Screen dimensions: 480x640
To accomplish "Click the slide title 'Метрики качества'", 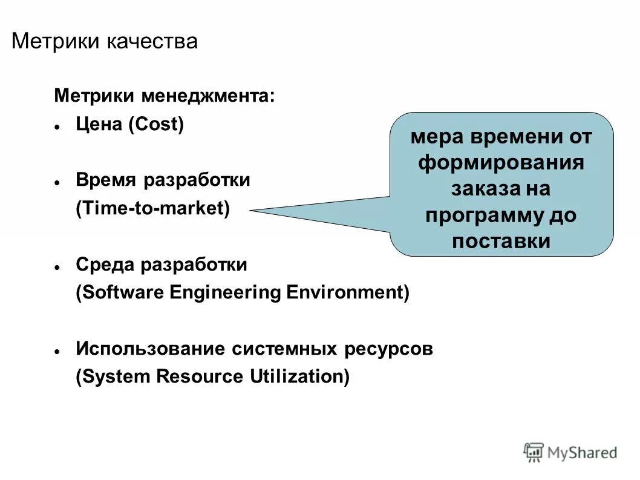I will (105, 41).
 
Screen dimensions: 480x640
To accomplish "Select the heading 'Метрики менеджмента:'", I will (164, 96).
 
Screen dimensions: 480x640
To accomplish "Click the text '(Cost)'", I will (155, 125).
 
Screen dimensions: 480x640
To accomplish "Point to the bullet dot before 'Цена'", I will (56, 128).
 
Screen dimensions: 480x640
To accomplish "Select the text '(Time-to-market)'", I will (153, 208).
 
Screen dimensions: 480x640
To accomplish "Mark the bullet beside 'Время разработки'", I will (56, 182).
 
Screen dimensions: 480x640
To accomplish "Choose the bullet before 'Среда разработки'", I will (56, 267).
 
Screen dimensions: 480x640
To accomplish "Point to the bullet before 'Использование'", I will (56, 352).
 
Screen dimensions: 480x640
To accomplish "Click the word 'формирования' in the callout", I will (501, 163).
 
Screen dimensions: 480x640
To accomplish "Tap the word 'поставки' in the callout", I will (501, 241).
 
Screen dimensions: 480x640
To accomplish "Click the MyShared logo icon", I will (534, 452).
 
